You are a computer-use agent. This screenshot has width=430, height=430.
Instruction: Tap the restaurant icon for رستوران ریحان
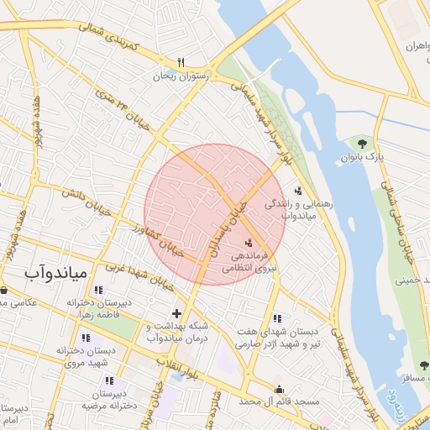[180, 63]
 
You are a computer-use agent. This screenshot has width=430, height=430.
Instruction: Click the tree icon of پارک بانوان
[363, 144]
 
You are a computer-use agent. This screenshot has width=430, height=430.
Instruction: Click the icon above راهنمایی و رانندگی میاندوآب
[298, 191]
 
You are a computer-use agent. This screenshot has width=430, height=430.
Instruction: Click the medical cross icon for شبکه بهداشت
[176, 313]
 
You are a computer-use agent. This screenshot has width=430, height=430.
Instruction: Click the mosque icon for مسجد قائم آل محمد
[280, 389]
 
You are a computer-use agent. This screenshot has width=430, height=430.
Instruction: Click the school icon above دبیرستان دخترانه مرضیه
[109, 380]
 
